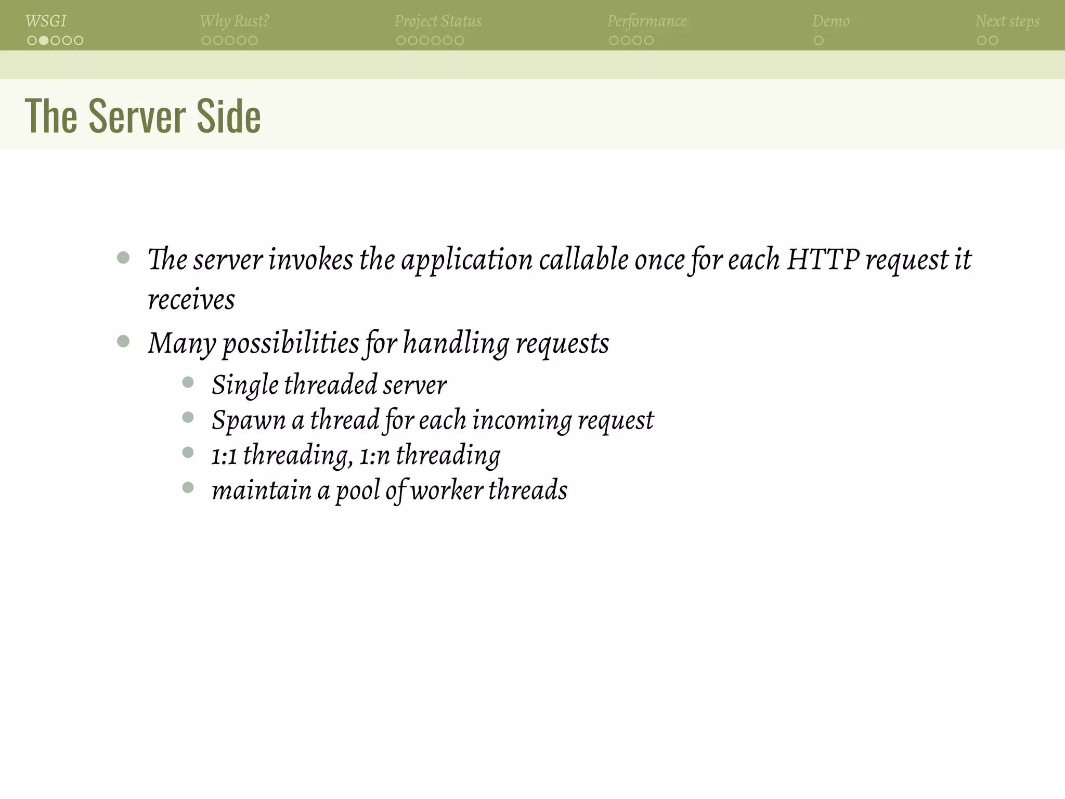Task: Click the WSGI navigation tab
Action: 46,21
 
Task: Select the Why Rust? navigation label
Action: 234,21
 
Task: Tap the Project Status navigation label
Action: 438,21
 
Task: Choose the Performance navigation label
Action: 647,21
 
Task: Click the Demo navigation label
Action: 830,21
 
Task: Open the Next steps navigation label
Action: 1007,21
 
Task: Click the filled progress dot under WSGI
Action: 44,41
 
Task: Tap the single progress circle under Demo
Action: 819,41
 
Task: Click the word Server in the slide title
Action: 137,117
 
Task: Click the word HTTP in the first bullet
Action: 823,259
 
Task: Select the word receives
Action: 191,300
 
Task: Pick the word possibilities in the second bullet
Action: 291,344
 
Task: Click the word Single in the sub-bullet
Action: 245,385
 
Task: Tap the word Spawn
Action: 249,420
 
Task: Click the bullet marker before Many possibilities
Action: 123,341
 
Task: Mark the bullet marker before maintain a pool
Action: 188,487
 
